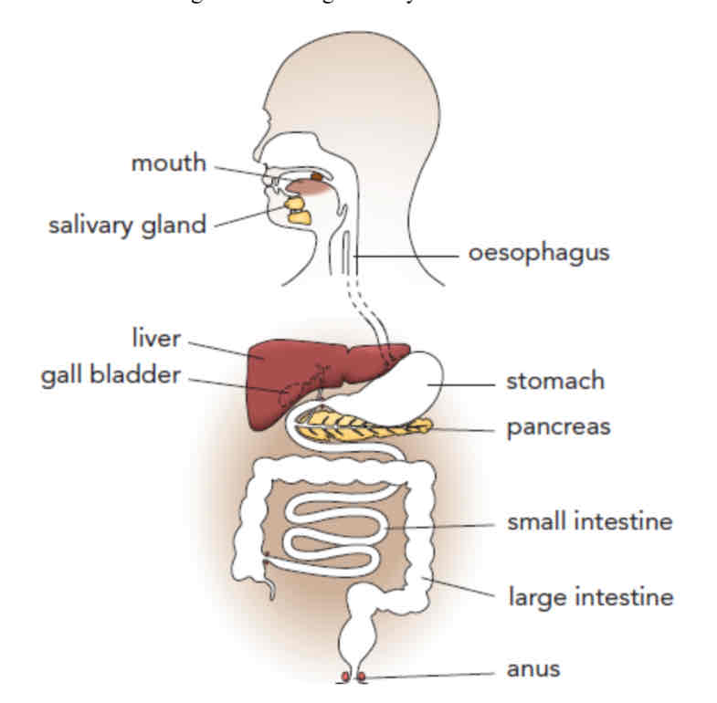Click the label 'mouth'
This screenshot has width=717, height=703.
[169, 164]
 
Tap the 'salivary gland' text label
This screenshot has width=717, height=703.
[127, 225]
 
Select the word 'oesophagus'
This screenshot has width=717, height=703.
[538, 252]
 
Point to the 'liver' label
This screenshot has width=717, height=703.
[156, 340]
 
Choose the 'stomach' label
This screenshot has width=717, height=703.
[554, 381]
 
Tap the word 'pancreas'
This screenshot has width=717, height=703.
[558, 426]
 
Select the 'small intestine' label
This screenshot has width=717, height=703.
[590, 522]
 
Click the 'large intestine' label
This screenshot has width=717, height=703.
[590, 598]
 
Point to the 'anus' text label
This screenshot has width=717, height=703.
[533, 668]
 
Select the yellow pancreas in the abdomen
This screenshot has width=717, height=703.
[365, 424]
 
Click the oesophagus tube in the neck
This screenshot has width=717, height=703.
[349, 256]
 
